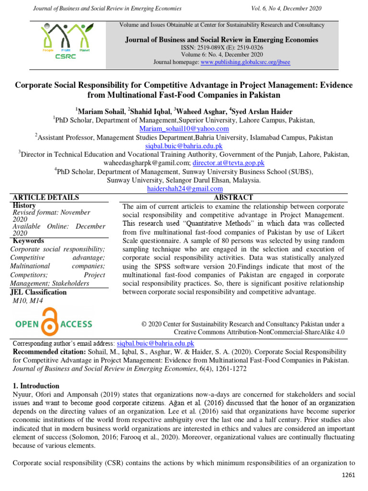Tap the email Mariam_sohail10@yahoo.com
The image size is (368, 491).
[x=184, y=129]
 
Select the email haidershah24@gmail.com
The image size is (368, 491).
[x=184, y=189]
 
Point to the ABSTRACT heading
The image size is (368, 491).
[x=233, y=197]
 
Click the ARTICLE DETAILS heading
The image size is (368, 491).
[x=46, y=197]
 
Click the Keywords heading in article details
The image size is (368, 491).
[x=28, y=241]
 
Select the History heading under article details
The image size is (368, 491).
[x=24, y=205]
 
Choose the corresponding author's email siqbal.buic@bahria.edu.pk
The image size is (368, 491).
[x=155, y=343]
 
